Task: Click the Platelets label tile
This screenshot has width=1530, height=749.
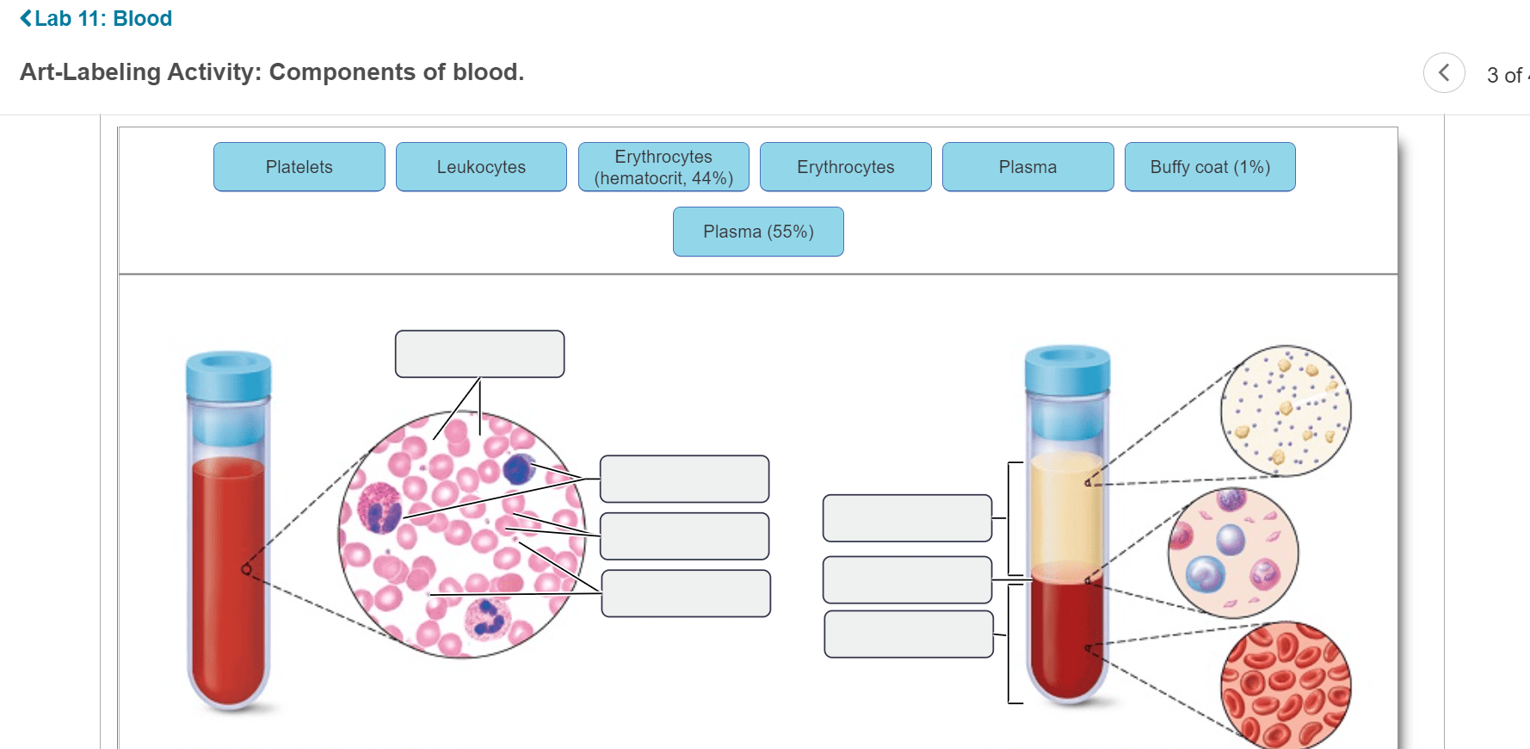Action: pos(299,167)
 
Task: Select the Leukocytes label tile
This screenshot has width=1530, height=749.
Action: pos(481,167)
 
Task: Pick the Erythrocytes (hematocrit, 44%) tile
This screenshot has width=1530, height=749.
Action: pos(663,167)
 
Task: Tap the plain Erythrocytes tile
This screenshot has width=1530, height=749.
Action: pos(846,167)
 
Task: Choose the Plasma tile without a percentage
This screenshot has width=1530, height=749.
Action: pos(1028,167)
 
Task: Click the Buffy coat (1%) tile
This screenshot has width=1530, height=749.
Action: pos(1210,167)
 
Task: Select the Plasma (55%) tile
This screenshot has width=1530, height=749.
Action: pos(758,232)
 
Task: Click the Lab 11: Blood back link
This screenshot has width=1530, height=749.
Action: pos(96,18)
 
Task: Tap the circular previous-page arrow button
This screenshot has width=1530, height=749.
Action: pos(1444,73)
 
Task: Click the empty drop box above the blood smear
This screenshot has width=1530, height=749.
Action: pos(480,354)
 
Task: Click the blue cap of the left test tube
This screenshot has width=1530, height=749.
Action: pos(229,375)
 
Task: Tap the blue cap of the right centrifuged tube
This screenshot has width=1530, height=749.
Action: pos(1067,369)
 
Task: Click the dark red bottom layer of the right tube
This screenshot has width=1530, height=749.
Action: pos(1067,637)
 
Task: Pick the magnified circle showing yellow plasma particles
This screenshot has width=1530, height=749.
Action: pos(1286,411)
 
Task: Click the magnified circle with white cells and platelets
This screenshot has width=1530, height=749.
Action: pos(1233,553)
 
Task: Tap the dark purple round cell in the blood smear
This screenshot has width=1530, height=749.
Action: pos(518,469)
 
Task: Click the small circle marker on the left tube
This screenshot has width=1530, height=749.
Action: pos(247,569)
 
